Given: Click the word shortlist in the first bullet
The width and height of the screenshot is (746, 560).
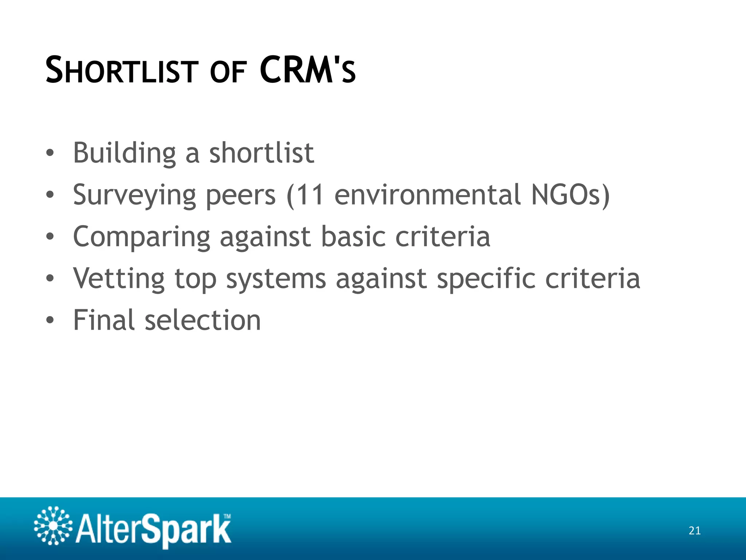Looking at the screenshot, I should click(x=262, y=153).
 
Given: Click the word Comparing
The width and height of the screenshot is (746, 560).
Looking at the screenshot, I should click(x=142, y=237).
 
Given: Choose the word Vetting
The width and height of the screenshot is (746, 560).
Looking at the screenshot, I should click(x=119, y=279).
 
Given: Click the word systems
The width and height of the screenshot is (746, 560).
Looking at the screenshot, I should click(x=276, y=279).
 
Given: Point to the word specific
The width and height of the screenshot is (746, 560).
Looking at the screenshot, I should click(x=486, y=279).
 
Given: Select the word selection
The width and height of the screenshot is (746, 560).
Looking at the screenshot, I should click(x=203, y=320).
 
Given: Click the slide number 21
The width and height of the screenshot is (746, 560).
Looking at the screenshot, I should click(x=695, y=530).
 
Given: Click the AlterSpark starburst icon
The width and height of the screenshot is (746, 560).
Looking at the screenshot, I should click(x=53, y=526).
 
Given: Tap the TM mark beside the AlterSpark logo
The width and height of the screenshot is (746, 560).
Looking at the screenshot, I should click(x=227, y=516).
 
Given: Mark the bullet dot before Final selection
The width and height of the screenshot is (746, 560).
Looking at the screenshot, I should click(x=50, y=320).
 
